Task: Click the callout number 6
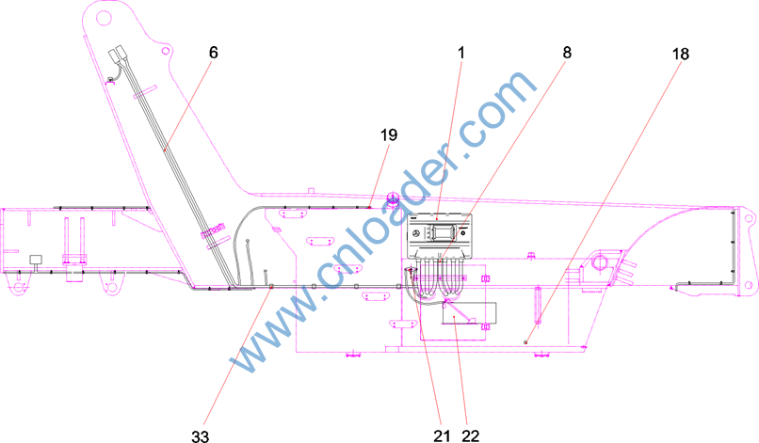click(214, 53)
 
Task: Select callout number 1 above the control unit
click(461, 53)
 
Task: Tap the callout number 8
click(567, 53)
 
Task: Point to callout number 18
click(680, 54)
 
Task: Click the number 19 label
click(389, 134)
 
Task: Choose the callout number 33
click(200, 436)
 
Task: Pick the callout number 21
click(442, 436)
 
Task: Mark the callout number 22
click(471, 436)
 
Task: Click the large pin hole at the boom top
click(104, 19)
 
